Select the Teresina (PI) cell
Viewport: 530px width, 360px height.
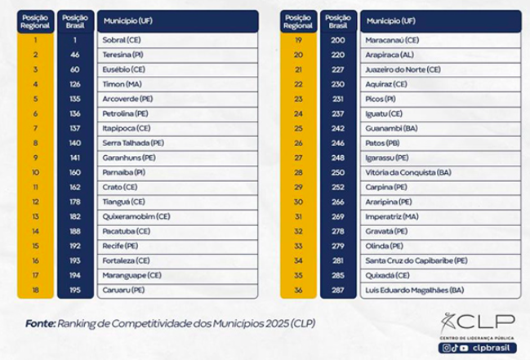point(122,54)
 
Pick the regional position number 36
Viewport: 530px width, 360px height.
point(298,290)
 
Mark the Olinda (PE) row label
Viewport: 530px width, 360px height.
point(385,245)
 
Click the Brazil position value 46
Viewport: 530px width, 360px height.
point(74,54)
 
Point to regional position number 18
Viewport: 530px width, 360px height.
point(36,290)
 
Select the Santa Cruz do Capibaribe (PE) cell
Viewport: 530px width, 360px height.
point(416,260)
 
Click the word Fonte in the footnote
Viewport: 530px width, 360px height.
point(39,323)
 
